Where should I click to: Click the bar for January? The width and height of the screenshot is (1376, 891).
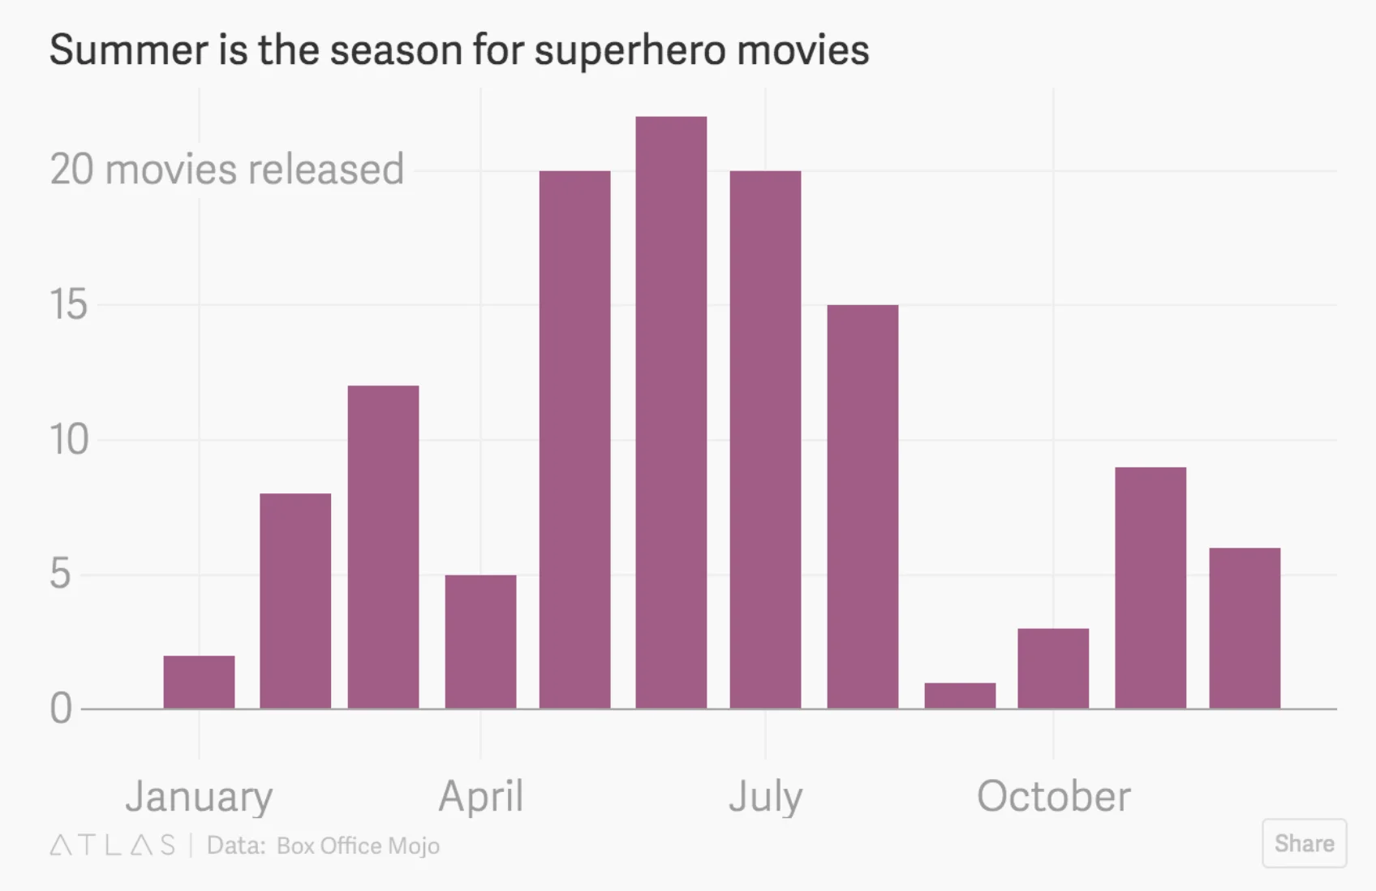199,682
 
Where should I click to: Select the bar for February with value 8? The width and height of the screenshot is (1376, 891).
295,600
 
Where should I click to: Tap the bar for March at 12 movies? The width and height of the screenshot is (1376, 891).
383,547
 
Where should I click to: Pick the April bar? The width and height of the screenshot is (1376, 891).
480,641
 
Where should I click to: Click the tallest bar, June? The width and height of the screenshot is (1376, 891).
671,412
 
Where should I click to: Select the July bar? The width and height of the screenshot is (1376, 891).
765,439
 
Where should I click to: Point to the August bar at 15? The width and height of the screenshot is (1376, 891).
862,506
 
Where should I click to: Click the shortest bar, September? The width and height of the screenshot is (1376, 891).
960,695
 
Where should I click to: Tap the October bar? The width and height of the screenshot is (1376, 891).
1053,668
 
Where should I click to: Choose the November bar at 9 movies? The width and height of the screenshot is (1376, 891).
1150,588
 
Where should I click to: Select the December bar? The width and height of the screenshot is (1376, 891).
1245,628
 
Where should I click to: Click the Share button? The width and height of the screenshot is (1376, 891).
1304,843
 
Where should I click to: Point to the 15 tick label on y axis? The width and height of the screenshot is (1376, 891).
68,305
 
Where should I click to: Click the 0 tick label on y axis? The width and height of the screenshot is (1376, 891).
61,708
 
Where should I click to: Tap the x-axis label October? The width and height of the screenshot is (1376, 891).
1053,796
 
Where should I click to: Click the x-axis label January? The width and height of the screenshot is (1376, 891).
199,796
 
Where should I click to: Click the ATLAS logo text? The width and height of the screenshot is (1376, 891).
113,846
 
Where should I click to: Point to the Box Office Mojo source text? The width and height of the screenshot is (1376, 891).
358,846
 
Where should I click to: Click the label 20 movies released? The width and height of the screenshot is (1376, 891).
227,170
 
